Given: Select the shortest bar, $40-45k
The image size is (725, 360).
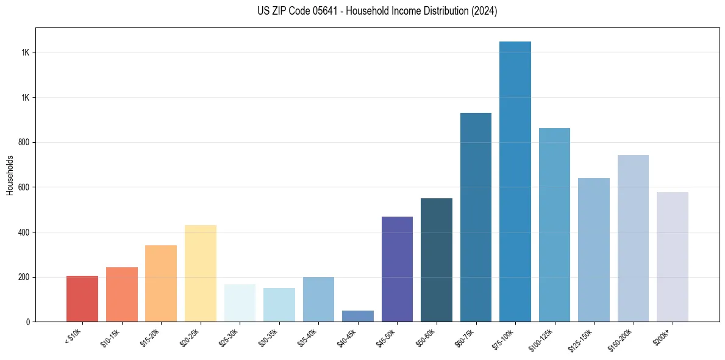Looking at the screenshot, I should [358, 316].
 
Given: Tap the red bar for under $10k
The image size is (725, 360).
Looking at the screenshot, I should [82, 299].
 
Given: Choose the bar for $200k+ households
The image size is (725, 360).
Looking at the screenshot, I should [673, 257].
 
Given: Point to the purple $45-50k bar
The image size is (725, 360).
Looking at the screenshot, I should [397, 269].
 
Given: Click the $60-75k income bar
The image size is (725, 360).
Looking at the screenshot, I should [476, 217].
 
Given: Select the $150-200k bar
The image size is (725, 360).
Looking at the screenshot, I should [633, 238].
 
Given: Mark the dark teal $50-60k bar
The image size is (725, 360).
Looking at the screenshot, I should [437, 260].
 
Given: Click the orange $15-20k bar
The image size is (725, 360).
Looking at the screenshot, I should [161, 283].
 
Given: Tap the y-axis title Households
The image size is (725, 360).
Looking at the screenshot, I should [10, 175].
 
